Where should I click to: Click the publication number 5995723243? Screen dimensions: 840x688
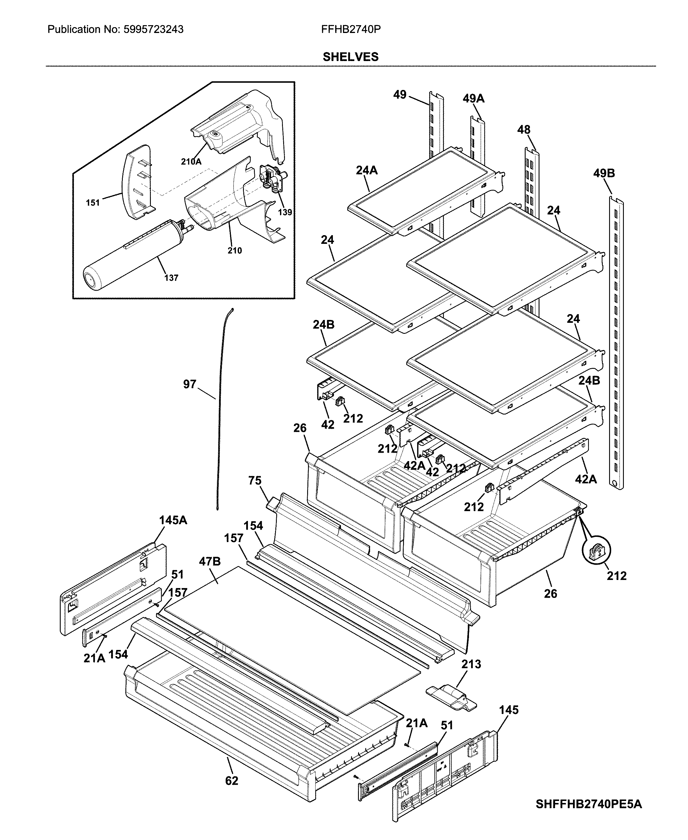152,30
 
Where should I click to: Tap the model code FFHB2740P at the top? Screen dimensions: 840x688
351,30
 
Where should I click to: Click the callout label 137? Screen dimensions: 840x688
171,278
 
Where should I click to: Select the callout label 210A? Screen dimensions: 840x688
191,161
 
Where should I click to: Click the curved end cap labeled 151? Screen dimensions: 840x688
137,181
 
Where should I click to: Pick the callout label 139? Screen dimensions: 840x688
285,212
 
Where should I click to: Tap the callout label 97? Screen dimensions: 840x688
190,384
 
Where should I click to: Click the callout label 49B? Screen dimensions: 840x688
604,173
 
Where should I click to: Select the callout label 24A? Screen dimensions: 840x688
367,171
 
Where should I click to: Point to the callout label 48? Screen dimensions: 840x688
524,130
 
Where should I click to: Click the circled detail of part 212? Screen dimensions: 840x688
596,550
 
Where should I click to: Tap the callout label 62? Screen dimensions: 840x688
231,781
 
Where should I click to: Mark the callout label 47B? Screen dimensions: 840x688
210,561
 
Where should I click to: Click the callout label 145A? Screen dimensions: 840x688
173,520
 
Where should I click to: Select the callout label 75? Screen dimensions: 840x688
255,481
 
